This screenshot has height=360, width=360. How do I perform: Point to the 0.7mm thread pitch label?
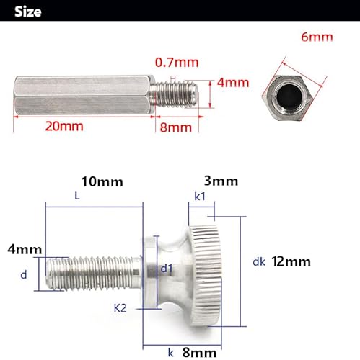click(175, 63)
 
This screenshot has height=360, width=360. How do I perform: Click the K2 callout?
click(120, 308)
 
